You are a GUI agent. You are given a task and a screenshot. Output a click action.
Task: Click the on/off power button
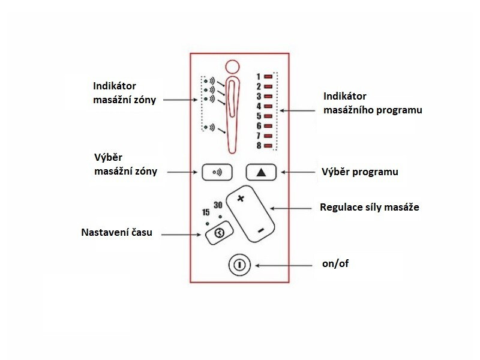point(239,264)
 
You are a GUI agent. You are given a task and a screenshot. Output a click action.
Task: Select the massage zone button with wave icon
point(217,172)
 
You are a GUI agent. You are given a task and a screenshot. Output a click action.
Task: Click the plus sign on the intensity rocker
point(241,199)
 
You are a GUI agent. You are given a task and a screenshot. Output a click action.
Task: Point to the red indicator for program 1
point(268,76)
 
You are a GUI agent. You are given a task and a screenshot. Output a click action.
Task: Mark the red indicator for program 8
point(268,146)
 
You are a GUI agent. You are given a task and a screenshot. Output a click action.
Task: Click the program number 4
point(259,106)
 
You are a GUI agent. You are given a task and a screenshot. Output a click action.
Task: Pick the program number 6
point(259,126)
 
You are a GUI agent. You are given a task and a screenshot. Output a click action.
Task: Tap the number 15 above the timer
point(206,212)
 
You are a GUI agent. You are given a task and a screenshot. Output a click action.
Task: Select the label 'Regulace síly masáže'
point(370,208)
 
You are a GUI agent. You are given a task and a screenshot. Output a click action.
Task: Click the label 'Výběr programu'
point(360,172)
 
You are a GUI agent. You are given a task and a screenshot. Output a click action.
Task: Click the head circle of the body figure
point(231,65)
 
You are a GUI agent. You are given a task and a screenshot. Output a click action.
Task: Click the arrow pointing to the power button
point(285,264)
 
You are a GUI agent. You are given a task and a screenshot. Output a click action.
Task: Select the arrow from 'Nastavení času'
point(180,233)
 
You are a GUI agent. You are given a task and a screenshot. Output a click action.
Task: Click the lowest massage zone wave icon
point(209,127)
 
